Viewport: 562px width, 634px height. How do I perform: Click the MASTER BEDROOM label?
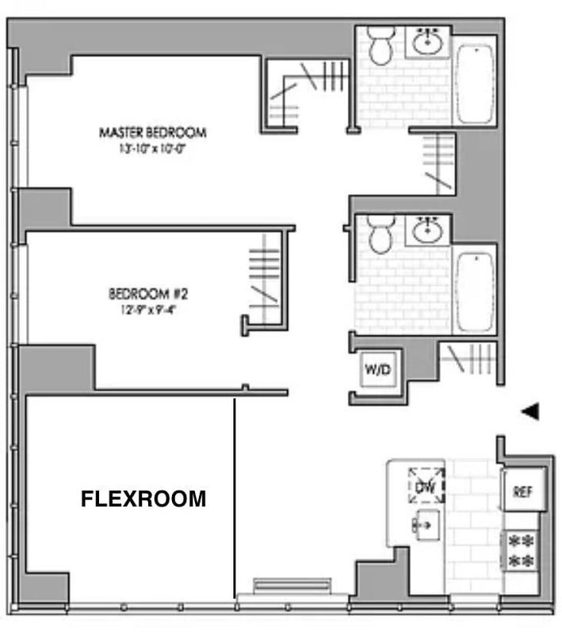(x=153, y=132)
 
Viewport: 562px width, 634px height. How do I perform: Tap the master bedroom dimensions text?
(x=152, y=149)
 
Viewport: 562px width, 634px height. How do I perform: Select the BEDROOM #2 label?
(x=148, y=293)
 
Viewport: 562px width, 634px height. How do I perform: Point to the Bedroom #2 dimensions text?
(x=149, y=310)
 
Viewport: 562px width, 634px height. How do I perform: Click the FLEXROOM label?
(x=143, y=498)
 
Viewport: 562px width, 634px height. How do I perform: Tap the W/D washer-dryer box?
(x=378, y=369)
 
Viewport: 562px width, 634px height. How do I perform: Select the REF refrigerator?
(x=524, y=491)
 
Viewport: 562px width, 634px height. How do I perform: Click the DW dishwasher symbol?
(x=426, y=485)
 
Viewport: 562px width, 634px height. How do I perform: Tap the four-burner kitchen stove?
(x=522, y=551)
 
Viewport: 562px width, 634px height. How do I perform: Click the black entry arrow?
(x=530, y=411)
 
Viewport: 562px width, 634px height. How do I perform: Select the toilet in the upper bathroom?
(x=380, y=45)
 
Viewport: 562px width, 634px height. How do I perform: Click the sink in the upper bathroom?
(x=428, y=42)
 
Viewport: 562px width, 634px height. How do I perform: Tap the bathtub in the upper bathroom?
(x=475, y=84)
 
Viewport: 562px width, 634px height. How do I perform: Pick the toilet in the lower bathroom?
(x=380, y=234)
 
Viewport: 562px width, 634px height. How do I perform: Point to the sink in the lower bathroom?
(x=428, y=230)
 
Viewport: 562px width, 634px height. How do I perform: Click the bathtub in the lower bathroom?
(x=475, y=292)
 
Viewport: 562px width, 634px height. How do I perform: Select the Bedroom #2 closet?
(x=265, y=278)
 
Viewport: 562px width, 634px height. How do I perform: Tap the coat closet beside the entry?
(x=469, y=359)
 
